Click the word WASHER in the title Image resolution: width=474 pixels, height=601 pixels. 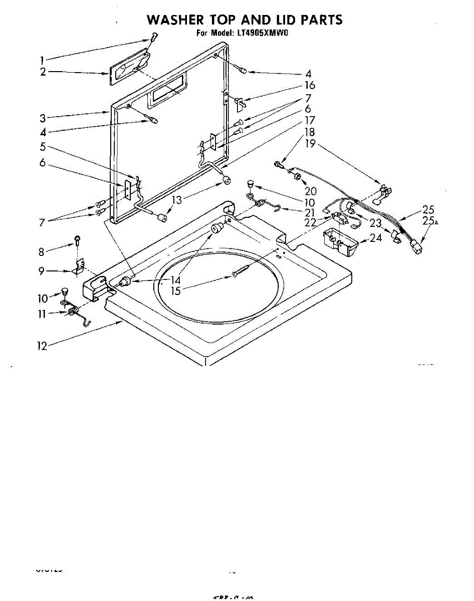coord(175,20)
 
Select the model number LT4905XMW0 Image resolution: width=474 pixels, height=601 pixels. coord(265,34)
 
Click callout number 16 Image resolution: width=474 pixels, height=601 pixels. coord(309,86)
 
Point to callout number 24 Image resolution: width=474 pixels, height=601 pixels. coord(375,238)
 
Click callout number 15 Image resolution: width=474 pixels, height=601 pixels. coord(176,290)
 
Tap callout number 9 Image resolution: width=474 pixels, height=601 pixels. coord(42,271)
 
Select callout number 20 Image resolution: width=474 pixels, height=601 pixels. coord(310,191)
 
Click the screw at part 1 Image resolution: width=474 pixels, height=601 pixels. coord(153,37)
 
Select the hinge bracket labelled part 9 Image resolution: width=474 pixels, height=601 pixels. coord(78,269)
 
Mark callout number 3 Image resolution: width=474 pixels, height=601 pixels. coord(43,118)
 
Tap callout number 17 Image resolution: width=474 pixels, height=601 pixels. coord(309,121)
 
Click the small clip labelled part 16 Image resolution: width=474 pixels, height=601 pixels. coord(239,103)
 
